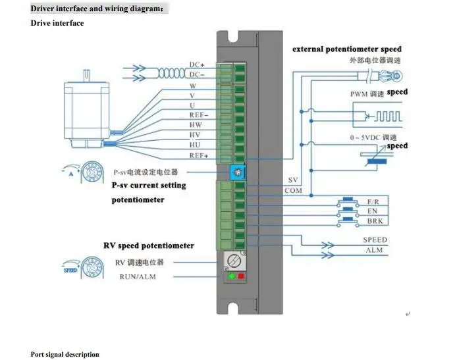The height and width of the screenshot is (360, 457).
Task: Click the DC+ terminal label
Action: (x=197, y=64)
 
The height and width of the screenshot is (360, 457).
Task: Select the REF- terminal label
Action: (x=198, y=115)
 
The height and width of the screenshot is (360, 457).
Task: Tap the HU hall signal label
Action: (x=196, y=144)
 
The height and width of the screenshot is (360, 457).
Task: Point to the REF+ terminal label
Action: (x=198, y=155)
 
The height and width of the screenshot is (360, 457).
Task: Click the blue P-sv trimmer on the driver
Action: (x=234, y=172)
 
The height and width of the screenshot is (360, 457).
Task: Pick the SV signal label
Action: (x=294, y=180)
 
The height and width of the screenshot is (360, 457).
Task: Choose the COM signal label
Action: (x=293, y=190)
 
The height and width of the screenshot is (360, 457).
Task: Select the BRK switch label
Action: (x=374, y=221)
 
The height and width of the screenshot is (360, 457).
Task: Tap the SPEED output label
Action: (x=375, y=240)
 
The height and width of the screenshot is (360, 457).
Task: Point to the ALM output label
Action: (x=374, y=251)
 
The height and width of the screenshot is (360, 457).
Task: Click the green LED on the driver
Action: (x=232, y=276)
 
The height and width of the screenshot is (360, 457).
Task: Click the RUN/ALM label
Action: (x=138, y=276)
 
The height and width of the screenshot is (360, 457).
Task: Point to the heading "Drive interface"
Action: (x=57, y=24)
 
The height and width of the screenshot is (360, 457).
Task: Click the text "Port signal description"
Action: (x=65, y=354)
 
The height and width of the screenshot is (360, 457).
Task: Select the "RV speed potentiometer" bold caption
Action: (x=149, y=246)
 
